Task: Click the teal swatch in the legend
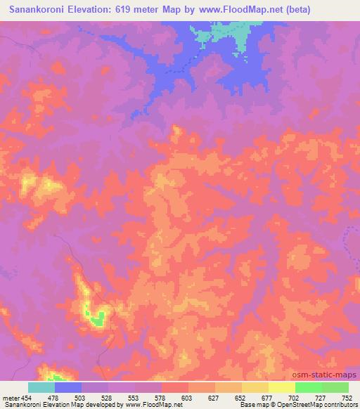pyautogui.click(x=41, y=387)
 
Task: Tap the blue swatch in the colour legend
pyautogui.click(x=68, y=387)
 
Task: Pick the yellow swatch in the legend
pyautogui.click(x=282, y=387)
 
